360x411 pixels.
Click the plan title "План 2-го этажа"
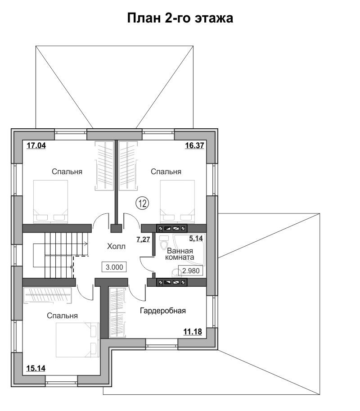(180, 18)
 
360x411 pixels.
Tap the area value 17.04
(36, 145)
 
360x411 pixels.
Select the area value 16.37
(194, 145)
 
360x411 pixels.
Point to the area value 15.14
(36, 368)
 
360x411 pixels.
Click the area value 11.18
(193, 332)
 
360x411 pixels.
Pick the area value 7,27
(143, 239)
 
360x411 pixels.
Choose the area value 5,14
(196, 238)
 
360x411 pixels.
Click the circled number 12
(142, 203)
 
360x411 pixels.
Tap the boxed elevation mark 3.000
(114, 267)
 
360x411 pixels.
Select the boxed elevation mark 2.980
(191, 271)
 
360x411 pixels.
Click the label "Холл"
(117, 246)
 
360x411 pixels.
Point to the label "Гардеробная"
(163, 311)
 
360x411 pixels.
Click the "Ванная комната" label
(180, 254)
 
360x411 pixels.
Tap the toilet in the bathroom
(164, 243)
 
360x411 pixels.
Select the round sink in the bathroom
(176, 273)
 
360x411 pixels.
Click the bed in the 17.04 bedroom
(50, 201)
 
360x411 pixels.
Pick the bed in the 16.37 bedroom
(177, 201)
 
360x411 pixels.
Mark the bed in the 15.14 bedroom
(78, 340)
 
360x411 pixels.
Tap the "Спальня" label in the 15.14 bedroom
(63, 316)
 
